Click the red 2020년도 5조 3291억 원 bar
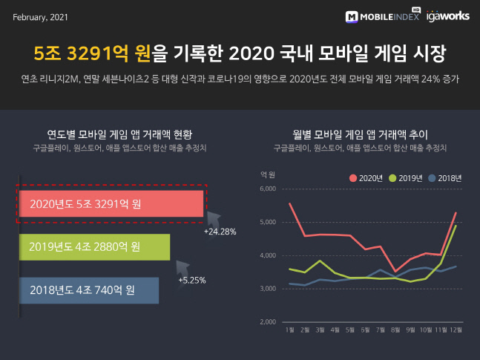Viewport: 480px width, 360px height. pos(110,204)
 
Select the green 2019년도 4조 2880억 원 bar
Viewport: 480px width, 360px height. pos(94,246)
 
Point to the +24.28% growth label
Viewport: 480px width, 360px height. pos(220,232)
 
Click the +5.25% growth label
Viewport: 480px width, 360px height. pos(192,281)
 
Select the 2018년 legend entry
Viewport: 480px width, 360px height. pos(446,178)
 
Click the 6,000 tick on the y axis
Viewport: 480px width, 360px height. pos(267,189)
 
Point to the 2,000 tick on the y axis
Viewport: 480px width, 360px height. pos(267,322)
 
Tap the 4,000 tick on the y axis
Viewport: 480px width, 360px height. pos(267,255)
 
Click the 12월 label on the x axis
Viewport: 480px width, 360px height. pos(455,330)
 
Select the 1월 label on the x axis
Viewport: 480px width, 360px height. pos(289,330)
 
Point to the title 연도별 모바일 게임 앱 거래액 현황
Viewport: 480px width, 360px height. pos(119,135)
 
